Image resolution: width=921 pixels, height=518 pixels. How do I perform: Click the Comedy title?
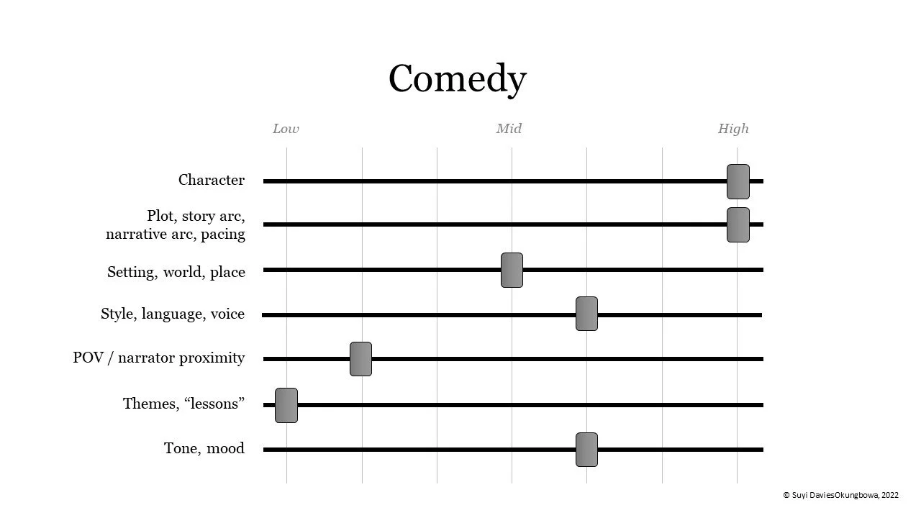457,78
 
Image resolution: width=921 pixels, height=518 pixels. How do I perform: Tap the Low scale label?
286,129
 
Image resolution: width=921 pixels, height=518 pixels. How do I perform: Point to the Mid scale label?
509,129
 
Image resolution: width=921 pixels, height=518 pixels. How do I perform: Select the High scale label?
733,129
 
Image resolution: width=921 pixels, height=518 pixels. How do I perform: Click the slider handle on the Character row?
738,181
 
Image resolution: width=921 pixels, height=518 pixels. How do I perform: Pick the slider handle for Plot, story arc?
738,224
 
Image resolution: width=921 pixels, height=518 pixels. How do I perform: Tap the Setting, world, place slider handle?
512,270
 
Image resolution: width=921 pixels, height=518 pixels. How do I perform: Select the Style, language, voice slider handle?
586,314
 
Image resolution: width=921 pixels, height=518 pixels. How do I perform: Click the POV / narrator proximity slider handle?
360,358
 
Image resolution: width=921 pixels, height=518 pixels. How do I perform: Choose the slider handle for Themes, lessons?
286,405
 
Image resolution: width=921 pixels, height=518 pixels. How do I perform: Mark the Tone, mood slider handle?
586,450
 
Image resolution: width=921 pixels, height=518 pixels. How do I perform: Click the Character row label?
211,180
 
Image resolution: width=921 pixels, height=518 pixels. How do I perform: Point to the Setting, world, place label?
176,272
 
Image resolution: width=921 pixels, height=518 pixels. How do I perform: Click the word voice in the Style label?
227,314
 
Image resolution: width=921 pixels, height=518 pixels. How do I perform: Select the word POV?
89,358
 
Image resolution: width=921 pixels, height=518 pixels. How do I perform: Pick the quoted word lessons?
214,404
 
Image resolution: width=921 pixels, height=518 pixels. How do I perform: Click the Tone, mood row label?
204,448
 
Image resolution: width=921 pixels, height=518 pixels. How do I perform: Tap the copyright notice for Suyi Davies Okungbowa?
840,495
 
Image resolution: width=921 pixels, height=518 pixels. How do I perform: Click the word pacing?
223,235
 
